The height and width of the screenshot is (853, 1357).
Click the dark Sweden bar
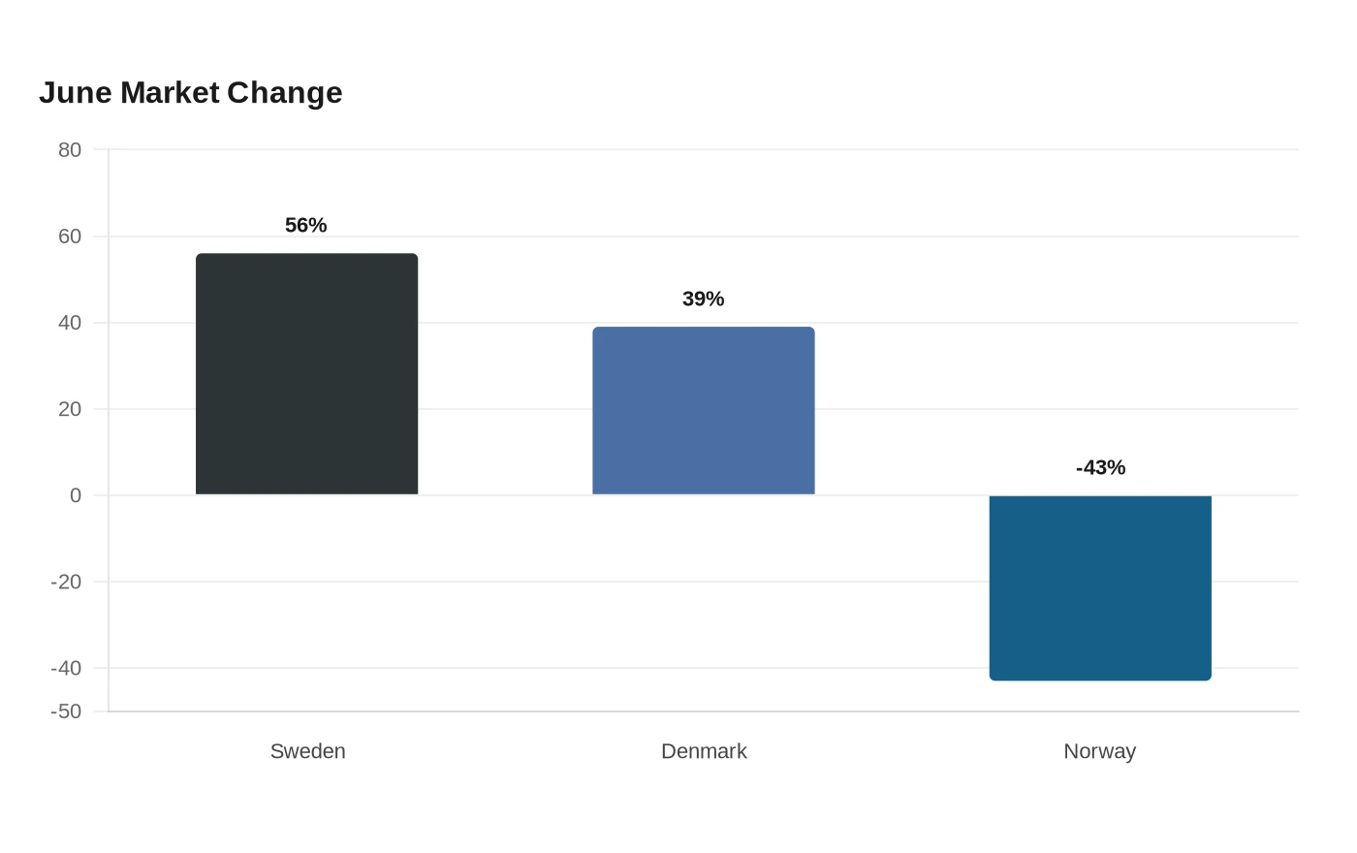coord(306,374)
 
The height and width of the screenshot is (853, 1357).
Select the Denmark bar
coord(704,411)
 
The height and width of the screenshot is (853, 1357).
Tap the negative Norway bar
coord(1100,587)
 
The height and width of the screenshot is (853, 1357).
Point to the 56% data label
coord(306,225)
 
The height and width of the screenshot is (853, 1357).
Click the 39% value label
coord(704,299)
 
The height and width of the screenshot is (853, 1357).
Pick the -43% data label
coord(1101,467)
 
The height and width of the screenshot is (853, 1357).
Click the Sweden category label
coord(308,751)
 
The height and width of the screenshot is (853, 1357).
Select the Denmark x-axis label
coord(704,751)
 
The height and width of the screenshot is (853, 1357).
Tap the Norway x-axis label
coord(1099,752)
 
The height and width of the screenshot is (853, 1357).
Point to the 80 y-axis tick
coord(70,149)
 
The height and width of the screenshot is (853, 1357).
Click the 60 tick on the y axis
coord(70,237)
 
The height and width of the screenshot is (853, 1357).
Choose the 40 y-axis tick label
coord(70,323)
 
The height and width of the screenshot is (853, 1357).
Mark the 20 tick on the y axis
coord(70,409)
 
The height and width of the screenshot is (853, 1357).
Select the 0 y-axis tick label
coord(76,495)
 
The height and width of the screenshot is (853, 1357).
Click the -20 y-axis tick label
coord(66,582)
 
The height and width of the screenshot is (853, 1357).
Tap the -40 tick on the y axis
coord(66,668)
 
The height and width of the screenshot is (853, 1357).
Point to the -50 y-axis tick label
coord(66,711)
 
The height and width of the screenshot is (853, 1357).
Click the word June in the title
coord(76,93)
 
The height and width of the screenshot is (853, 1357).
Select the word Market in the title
coord(170,93)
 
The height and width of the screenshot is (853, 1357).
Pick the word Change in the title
coord(285,94)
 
